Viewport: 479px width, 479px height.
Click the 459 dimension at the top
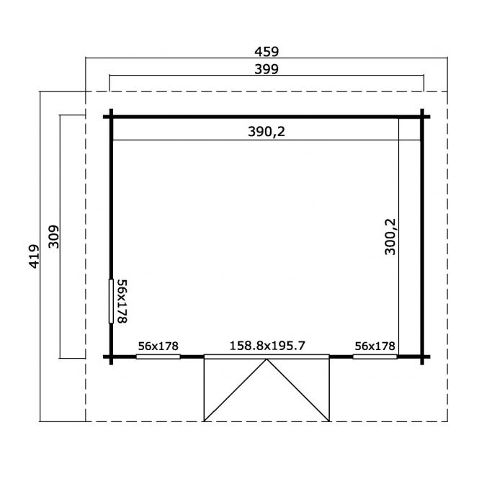click(267, 52)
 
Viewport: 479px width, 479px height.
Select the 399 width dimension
click(267, 69)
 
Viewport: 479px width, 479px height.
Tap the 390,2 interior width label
click(267, 132)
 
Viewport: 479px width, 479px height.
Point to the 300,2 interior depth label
click(390, 237)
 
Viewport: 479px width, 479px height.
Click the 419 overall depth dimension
click(35, 256)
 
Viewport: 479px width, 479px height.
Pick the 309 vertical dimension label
click(54, 237)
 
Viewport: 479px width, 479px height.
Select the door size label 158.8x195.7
click(267, 346)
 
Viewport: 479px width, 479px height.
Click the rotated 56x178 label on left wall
click(122, 301)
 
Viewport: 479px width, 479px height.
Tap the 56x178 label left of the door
click(158, 346)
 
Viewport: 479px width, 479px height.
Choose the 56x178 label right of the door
click(375, 346)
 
